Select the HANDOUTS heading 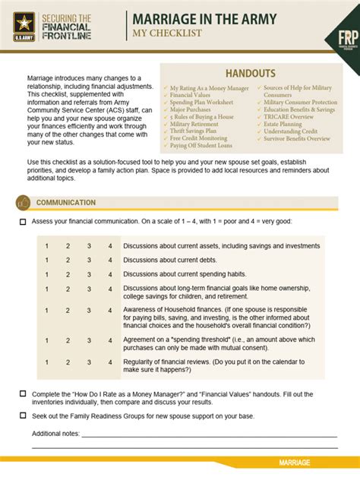(250, 73)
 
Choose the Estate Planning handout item (282, 124)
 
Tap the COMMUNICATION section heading (66, 203)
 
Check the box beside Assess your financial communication (23, 222)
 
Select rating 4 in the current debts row (110, 261)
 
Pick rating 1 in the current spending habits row (46, 274)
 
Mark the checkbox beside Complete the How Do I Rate (23, 394)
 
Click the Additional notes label (55, 434)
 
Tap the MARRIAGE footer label (294, 463)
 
